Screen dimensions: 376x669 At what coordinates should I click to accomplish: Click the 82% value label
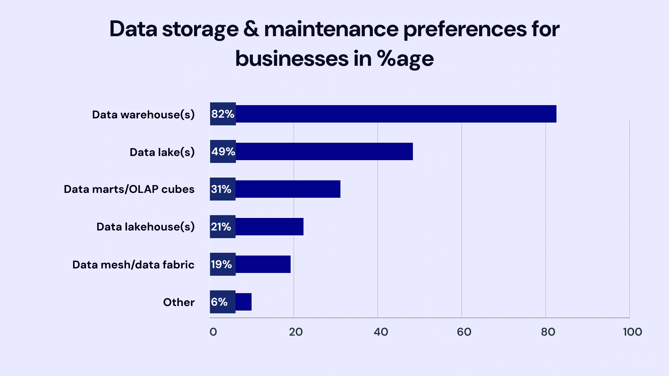223,114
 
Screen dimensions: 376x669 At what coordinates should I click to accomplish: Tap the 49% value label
223,151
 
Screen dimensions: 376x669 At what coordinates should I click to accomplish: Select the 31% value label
221,189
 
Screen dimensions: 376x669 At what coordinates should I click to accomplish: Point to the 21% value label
221,227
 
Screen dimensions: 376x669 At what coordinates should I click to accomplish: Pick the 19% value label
221,264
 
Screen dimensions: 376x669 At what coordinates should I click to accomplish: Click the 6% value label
219,302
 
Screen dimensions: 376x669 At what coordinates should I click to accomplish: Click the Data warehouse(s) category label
143,115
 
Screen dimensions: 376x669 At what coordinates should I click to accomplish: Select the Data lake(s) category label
162,152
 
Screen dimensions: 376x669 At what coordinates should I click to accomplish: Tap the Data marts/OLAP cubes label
129,189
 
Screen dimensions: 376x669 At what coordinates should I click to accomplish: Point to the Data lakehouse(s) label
145,227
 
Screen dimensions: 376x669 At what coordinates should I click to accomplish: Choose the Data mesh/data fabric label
133,265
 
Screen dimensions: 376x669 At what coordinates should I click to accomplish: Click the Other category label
179,302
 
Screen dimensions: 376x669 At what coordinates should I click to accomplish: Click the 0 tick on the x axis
213,332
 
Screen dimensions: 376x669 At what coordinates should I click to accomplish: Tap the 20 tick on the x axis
296,332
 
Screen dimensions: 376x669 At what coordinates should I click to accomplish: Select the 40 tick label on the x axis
381,332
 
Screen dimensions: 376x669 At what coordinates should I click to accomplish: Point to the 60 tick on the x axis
464,332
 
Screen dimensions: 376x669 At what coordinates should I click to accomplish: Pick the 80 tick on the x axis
548,332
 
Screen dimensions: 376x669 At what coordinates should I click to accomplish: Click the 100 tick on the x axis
632,332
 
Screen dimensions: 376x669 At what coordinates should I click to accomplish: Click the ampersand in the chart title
251,29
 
